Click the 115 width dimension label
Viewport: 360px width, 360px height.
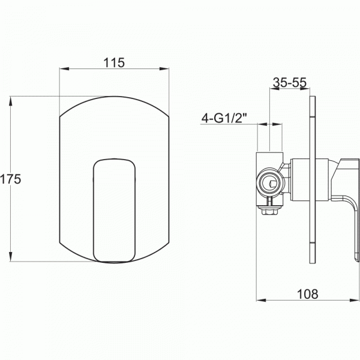[x=114, y=62]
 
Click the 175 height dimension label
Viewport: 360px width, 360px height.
[x=10, y=179]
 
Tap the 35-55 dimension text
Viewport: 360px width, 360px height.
[x=290, y=82]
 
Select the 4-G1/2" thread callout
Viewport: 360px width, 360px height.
[x=224, y=118]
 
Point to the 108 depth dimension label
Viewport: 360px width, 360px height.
[x=308, y=294]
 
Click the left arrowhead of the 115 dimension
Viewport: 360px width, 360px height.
[x=64, y=68]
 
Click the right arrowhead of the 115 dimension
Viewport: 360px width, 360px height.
[x=164, y=68]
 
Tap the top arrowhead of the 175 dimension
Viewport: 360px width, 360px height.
[x=11, y=101]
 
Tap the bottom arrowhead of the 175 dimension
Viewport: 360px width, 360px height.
[x=11, y=256]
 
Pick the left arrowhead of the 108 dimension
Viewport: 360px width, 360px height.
[x=261, y=300]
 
